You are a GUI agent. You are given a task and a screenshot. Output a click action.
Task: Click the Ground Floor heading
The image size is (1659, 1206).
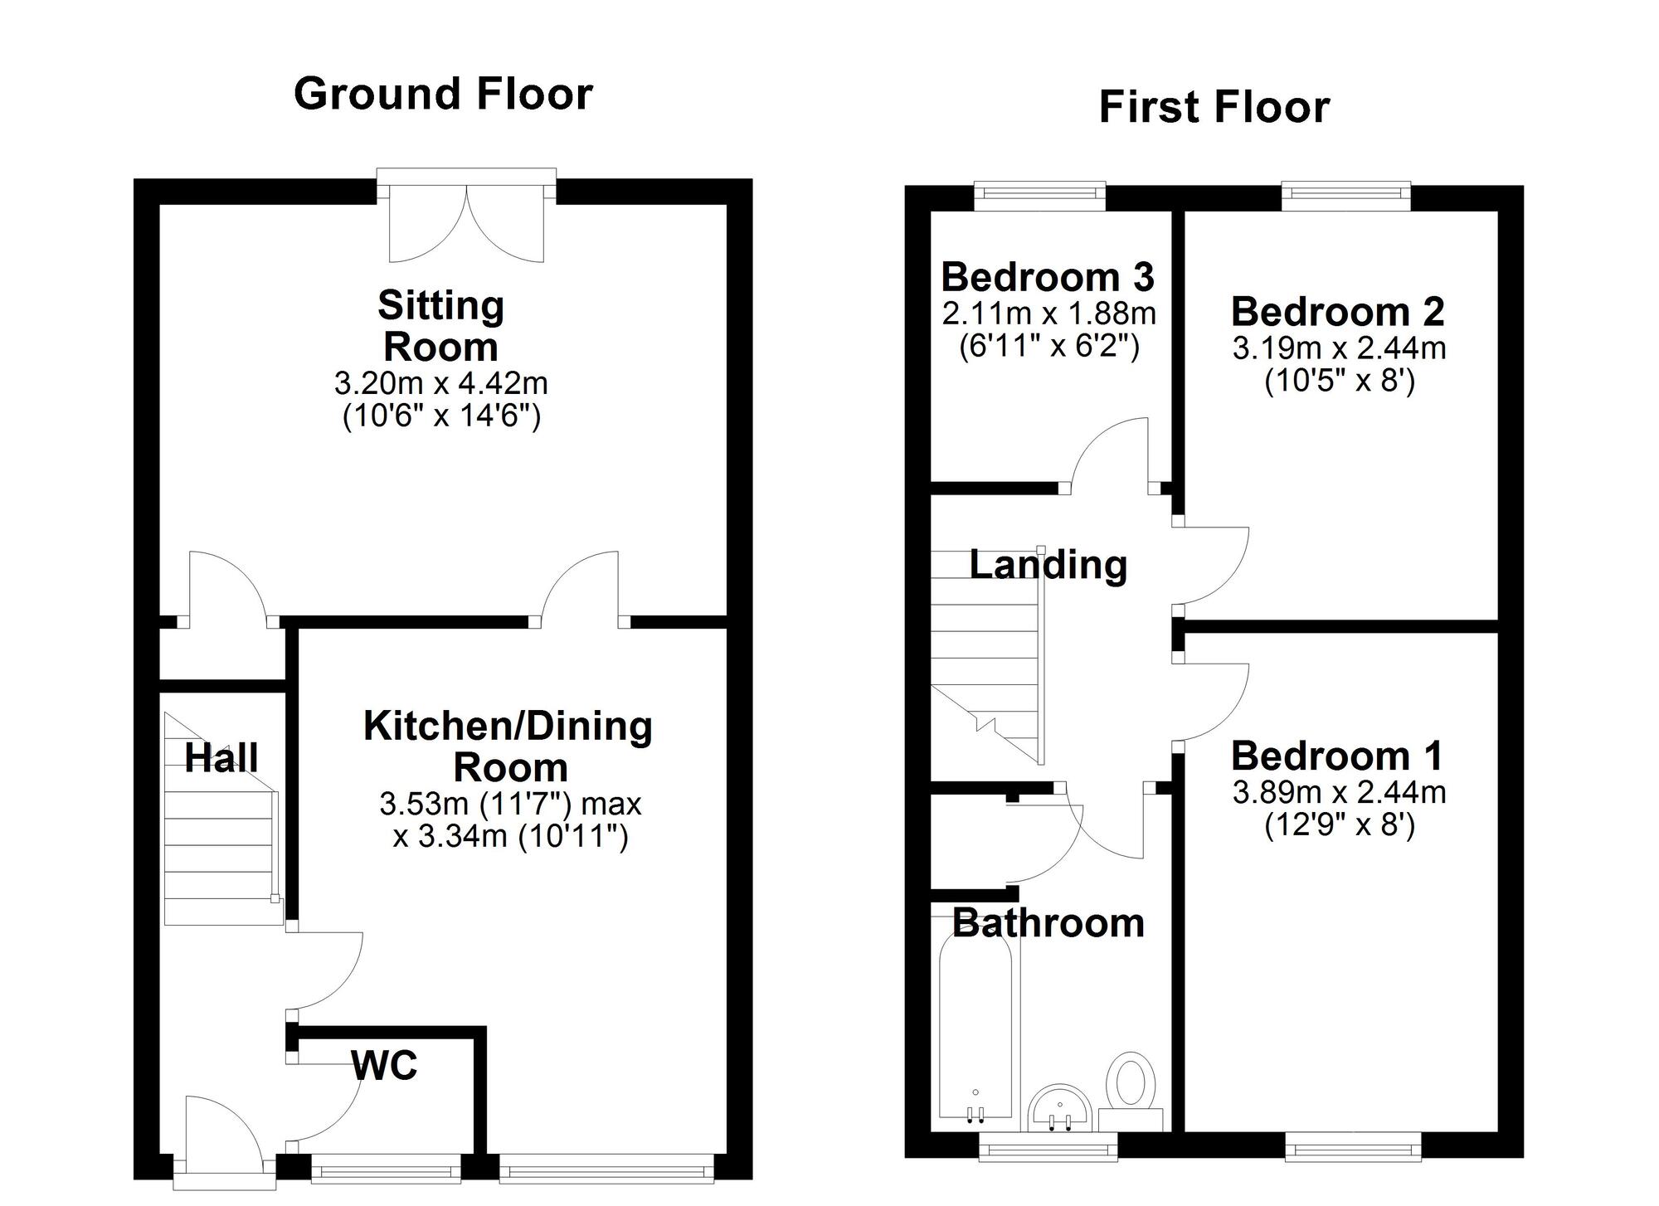coord(443,94)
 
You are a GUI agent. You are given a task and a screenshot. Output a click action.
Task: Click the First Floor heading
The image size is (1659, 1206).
coord(1214,108)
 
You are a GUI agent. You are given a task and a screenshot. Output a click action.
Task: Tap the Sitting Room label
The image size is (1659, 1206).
coord(440,325)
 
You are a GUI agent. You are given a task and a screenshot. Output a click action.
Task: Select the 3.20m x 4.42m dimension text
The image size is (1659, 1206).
coord(440,383)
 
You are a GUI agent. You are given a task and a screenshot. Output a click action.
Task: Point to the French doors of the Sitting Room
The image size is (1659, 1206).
coord(466,220)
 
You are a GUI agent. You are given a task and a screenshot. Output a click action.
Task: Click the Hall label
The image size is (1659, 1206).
coord(221,758)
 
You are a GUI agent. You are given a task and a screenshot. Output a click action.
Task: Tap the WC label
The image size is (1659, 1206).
coord(384,1066)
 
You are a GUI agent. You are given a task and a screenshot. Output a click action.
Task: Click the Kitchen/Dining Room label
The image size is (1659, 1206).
coord(508,746)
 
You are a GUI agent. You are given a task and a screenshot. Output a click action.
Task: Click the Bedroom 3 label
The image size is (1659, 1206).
coord(1047,277)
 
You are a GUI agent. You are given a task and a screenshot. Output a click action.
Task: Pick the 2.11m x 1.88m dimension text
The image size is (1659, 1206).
coord(1048,314)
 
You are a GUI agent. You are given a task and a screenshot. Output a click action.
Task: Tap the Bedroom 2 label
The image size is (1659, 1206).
coord(1337,312)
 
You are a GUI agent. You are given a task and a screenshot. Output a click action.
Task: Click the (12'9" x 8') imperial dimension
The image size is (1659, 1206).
coord(1339,826)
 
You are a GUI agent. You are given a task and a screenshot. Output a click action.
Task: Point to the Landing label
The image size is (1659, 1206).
coord(1048,566)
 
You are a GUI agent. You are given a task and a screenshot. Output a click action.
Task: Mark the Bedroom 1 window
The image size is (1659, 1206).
coord(1352,1148)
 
